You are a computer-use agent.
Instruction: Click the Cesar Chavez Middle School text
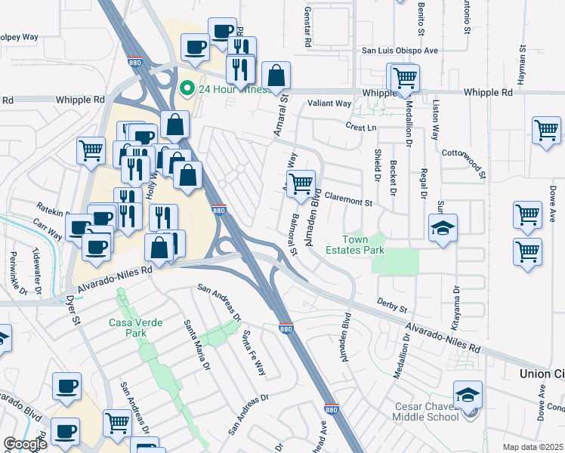coord(426,411)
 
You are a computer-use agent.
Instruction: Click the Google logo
coord(24,444)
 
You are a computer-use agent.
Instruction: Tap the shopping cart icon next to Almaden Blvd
coord(301,183)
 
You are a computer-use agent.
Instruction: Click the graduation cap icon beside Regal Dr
coord(443,228)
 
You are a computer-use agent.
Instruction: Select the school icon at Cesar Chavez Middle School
coord(468,395)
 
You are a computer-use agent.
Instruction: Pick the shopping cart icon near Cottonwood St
coord(546,130)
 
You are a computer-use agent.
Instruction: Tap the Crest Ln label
coord(361,127)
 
